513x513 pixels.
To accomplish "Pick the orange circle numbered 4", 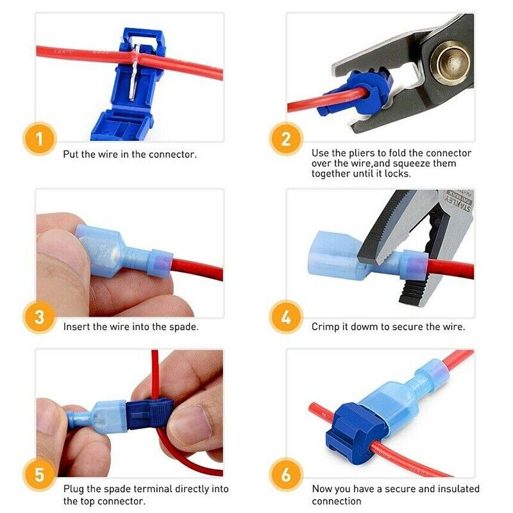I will [x=285, y=317].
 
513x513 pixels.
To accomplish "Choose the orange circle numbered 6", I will [x=285, y=476].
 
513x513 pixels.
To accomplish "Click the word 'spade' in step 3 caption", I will [x=179, y=326].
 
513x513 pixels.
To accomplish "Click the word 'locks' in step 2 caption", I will [x=400, y=174].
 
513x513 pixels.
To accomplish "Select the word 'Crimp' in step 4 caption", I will [x=326, y=326].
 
